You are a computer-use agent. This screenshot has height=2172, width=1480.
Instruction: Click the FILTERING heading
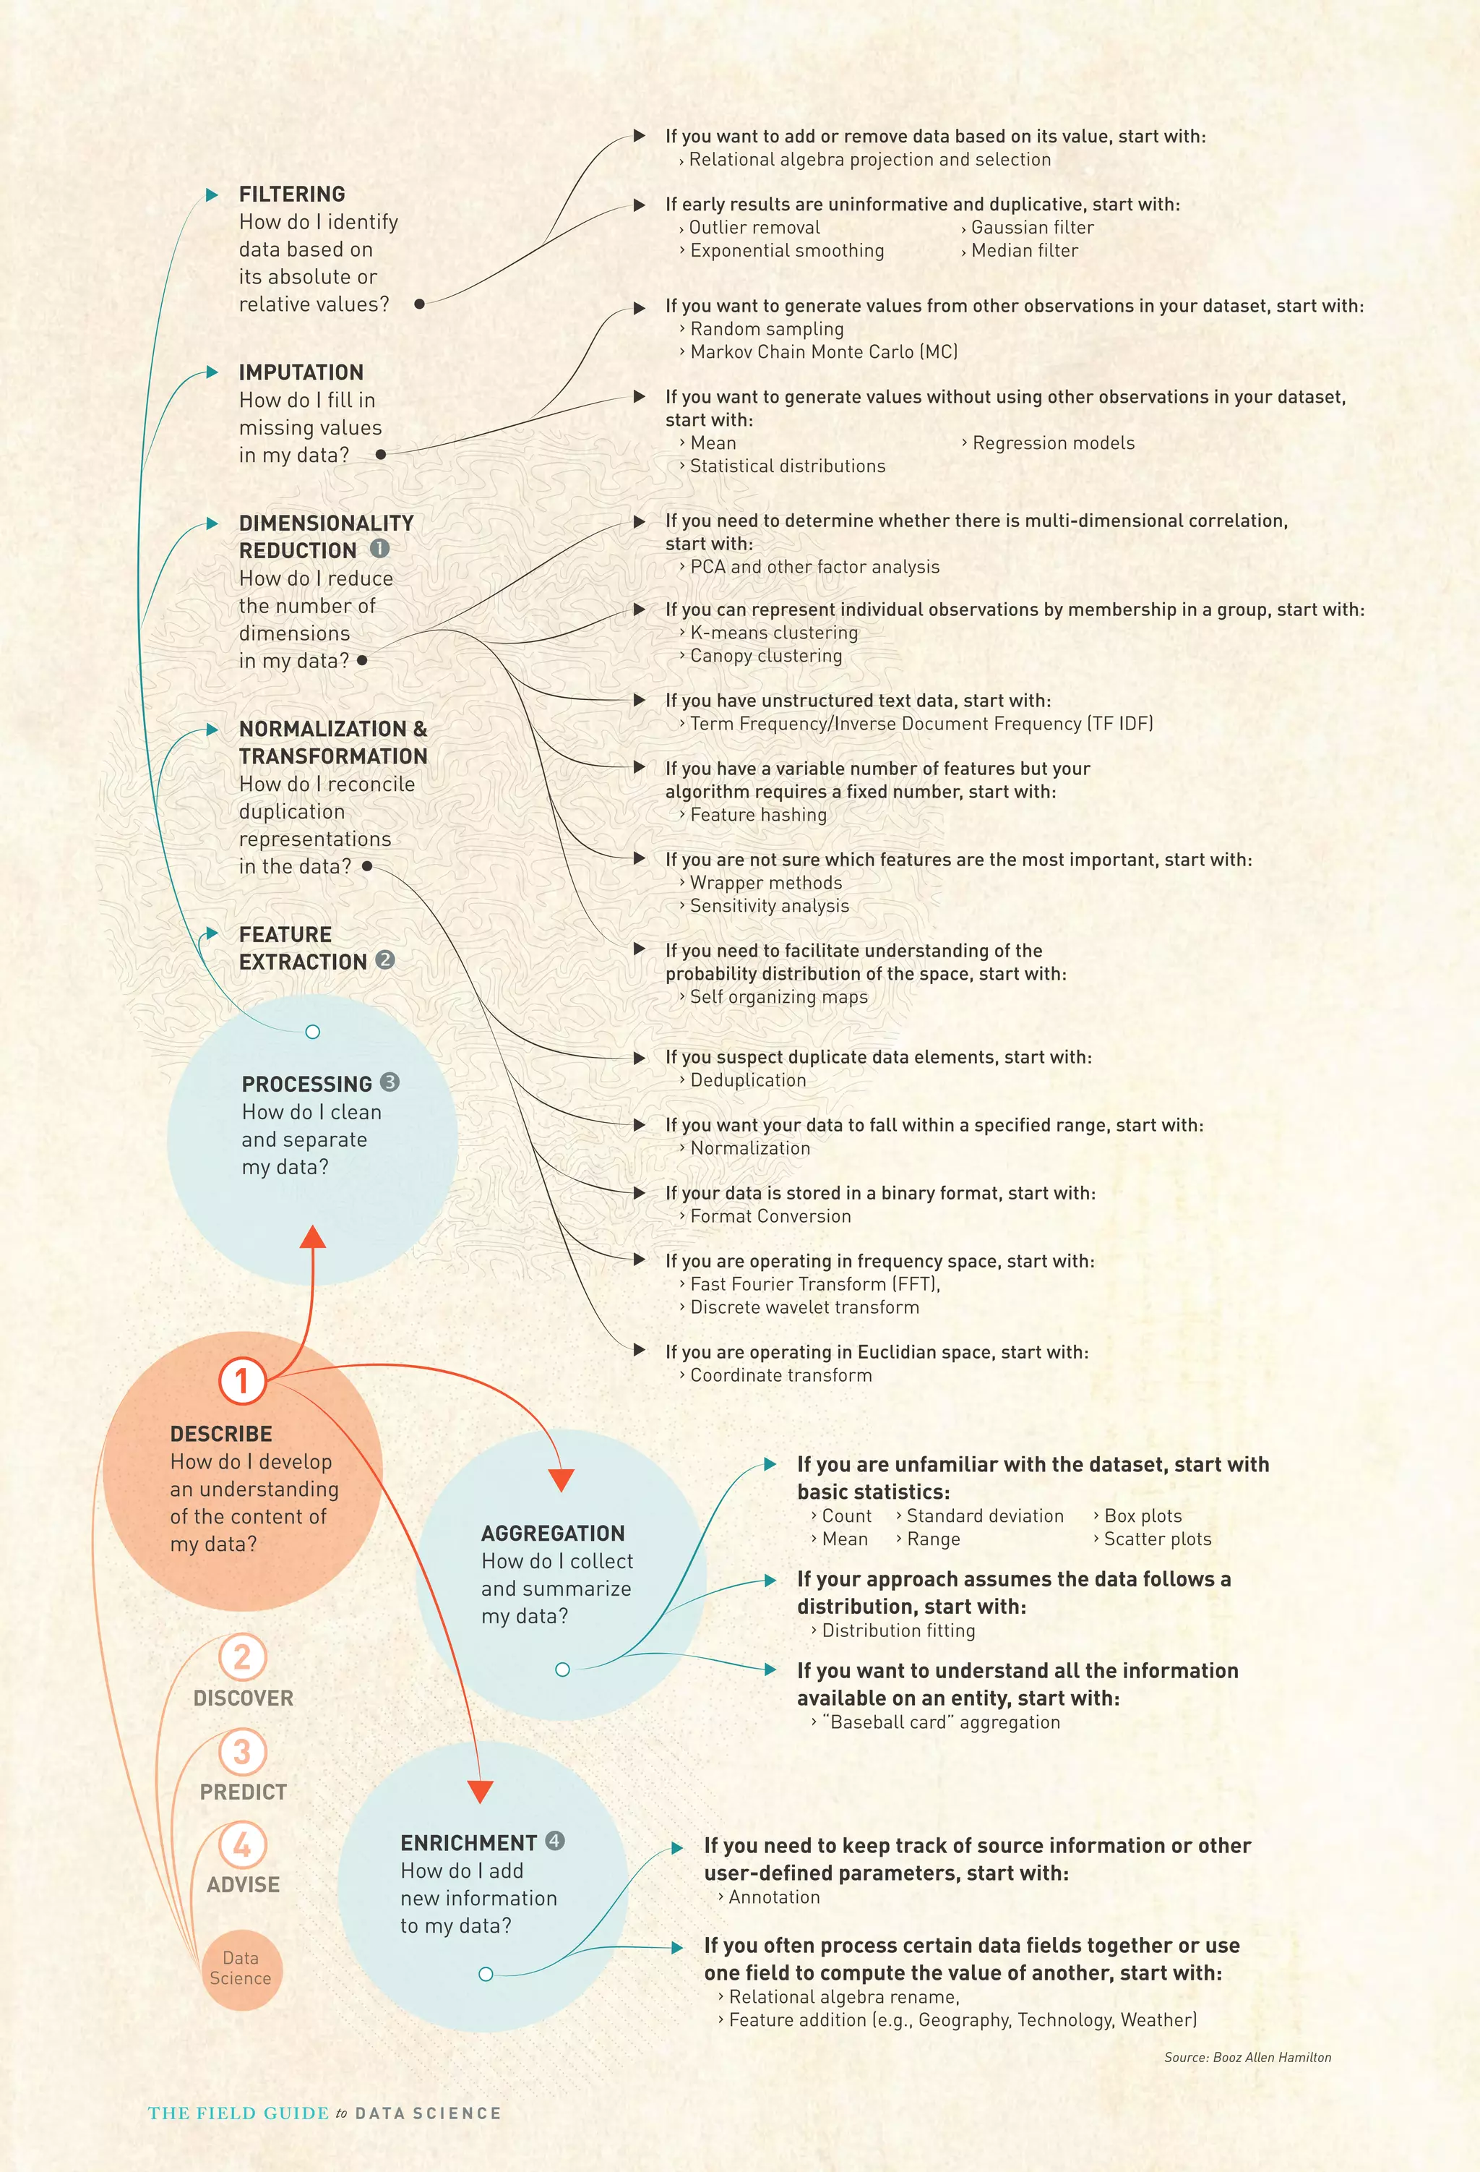pos(291,194)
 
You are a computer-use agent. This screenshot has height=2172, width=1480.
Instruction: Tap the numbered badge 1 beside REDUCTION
pos(379,549)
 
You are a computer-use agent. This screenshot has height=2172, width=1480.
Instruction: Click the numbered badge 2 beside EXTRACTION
pos(385,959)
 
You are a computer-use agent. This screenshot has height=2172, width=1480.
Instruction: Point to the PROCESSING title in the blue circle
pos(306,1084)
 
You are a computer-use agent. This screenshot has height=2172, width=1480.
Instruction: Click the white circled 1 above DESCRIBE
pos(242,1380)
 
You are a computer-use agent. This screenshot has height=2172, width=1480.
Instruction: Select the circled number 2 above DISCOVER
pos(242,1657)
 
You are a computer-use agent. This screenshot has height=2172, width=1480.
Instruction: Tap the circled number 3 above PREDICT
pos(242,1751)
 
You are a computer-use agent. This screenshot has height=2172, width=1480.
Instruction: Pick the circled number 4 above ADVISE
pos(242,1845)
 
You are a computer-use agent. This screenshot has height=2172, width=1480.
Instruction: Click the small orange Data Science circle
pos(241,1968)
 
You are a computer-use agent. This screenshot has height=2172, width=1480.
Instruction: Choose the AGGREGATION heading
pos(553,1534)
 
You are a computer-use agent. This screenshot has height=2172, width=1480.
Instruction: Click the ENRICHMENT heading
pos(468,1843)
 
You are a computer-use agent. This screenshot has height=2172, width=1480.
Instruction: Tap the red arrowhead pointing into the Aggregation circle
pos(561,1479)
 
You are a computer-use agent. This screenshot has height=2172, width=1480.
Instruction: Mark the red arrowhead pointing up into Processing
pos(313,1236)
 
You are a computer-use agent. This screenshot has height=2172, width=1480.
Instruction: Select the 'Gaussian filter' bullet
pos(1031,227)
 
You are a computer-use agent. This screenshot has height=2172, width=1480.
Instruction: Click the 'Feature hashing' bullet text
pos(758,815)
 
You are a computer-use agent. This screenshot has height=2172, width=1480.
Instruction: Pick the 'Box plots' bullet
pos(1142,1516)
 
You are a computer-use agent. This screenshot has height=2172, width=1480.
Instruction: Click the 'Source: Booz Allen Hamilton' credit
pos(1247,2057)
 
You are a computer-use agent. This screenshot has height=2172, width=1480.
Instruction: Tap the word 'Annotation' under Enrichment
pos(774,1897)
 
